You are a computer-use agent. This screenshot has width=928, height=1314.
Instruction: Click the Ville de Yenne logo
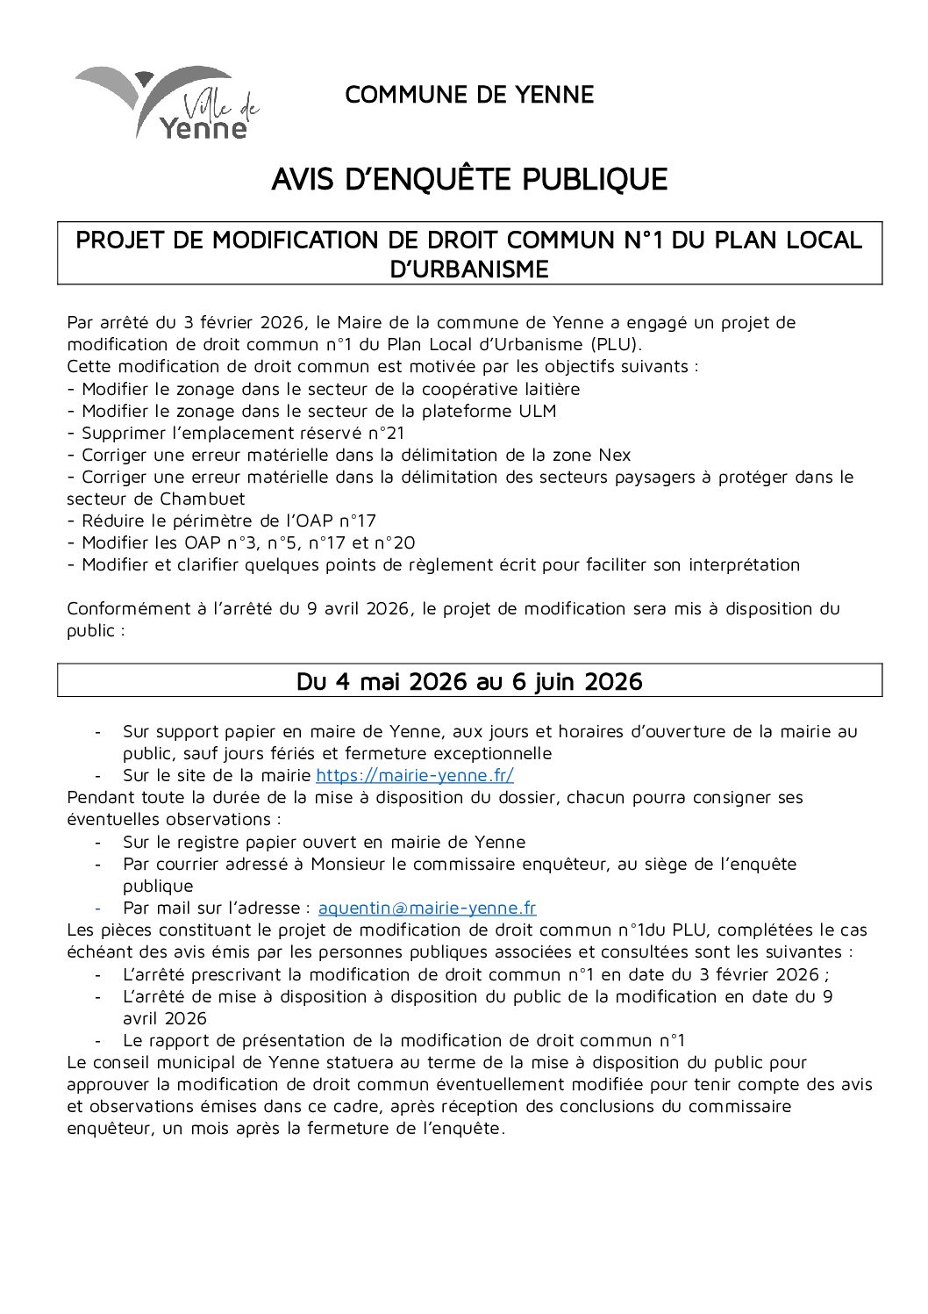click(167, 103)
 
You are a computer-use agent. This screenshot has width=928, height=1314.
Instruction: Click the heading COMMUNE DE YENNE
click(469, 95)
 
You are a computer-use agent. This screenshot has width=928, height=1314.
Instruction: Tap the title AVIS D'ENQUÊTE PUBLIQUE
click(469, 179)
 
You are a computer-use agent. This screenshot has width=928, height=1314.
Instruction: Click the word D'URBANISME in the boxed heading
click(469, 269)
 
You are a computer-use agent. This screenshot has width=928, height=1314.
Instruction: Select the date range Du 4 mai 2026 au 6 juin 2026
click(469, 681)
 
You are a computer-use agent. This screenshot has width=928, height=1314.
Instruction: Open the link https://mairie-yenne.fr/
click(414, 775)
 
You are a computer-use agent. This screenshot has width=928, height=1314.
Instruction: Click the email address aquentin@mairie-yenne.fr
click(426, 908)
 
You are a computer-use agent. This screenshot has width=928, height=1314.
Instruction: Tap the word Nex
click(614, 455)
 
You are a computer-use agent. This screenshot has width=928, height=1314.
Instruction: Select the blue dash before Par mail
click(98, 908)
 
